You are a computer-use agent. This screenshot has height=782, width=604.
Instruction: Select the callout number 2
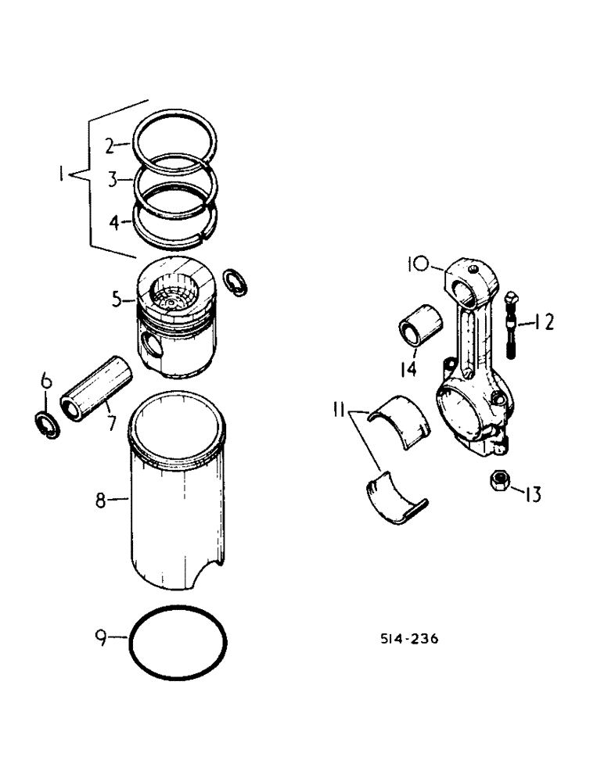click(x=112, y=145)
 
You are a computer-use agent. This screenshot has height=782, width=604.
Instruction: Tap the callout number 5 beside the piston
click(x=116, y=298)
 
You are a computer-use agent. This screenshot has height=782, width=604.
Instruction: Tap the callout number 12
click(x=545, y=321)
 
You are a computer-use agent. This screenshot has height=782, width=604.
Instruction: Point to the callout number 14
click(x=408, y=367)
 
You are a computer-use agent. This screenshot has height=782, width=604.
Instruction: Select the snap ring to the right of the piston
click(x=233, y=282)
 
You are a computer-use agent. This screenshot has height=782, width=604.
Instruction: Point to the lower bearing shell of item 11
click(x=395, y=497)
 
